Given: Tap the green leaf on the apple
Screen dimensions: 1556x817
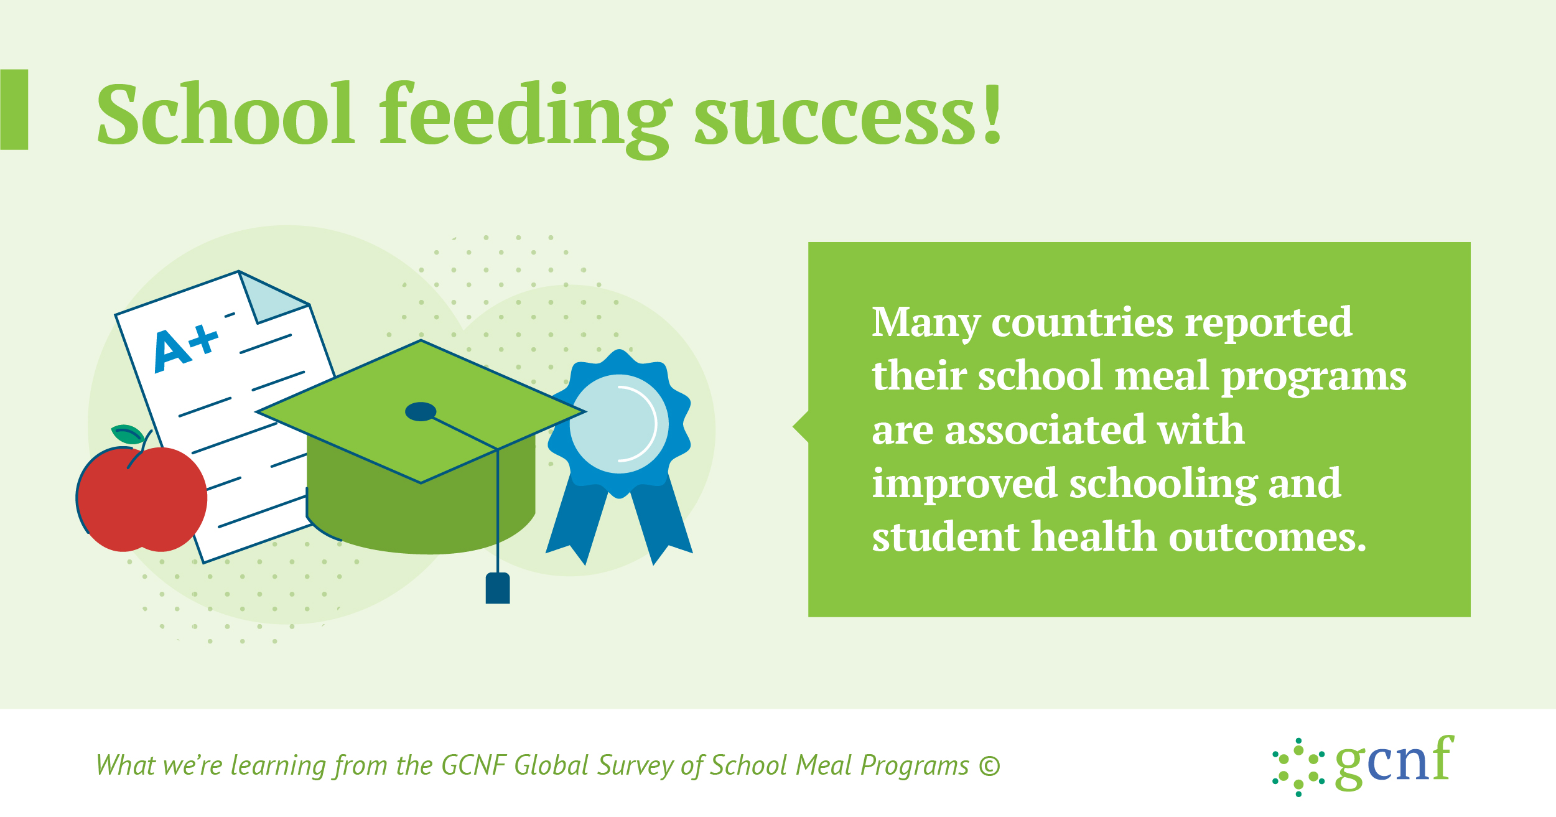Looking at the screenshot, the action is pos(128,434).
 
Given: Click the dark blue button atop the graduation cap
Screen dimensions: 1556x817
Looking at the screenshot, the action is pos(421,411).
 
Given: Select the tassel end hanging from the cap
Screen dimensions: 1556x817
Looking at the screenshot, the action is pos(498,588).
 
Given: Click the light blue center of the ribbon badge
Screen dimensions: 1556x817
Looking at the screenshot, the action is pos(619,424).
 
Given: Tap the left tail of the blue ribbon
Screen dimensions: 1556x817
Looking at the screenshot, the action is pos(577,523).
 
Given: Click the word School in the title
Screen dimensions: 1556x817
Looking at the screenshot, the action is pos(226,114).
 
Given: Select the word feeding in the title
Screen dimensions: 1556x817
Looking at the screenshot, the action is pos(526,118).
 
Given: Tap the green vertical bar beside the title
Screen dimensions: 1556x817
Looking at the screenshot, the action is pos(14,110).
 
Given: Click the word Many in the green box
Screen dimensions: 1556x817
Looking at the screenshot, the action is pos(926,324).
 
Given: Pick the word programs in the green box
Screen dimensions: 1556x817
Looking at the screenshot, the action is pos(1313,378).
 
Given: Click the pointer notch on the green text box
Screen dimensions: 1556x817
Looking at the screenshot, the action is pos(801,427).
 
